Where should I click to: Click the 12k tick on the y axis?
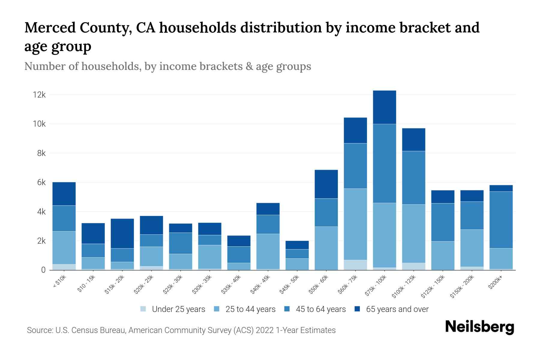pyautogui.click(x=39, y=95)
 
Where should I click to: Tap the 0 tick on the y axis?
pyautogui.click(x=43, y=270)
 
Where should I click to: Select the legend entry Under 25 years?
pyautogui.click(x=178, y=309)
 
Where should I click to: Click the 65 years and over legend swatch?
pyautogui.click(x=357, y=309)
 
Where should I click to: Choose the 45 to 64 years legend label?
pyautogui.click(x=321, y=309)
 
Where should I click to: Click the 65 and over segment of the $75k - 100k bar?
pyautogui.click(x=384, y=107)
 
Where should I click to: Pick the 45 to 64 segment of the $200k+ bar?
pyautogui.click(x=501, y=220)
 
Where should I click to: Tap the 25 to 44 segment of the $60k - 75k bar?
pyautogui.click(x=355, y=224)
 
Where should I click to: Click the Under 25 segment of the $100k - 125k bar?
pyautogui.click(x=413, y=266)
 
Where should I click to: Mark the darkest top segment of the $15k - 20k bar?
pyautogui.click(x=122, y=233)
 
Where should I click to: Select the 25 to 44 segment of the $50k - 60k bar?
pyautogui.click(x=326, y=248)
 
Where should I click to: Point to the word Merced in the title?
pyautogui.click(x=50, y=28)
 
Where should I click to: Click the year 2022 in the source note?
pyautogui.click(x=265, y=330)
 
